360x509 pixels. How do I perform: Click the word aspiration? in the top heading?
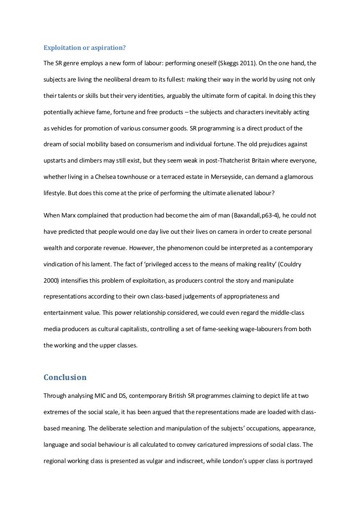point(108,48)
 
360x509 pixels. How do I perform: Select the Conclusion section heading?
point(65,377)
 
